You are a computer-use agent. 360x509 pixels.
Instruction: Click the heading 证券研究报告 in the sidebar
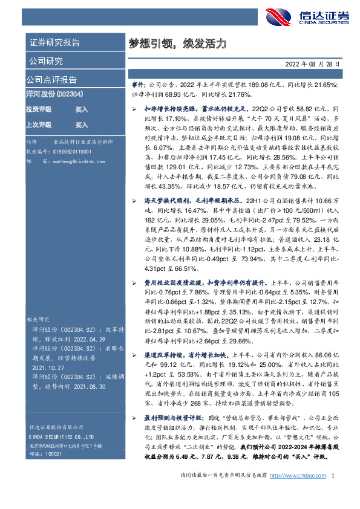point(54,43)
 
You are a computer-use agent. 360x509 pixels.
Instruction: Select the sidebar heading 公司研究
point(45,61)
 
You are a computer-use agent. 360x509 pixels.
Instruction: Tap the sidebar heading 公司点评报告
point(51,80)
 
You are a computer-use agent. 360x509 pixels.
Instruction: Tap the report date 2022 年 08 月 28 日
point(313,63)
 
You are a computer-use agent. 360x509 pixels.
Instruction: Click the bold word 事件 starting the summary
point(139,86)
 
